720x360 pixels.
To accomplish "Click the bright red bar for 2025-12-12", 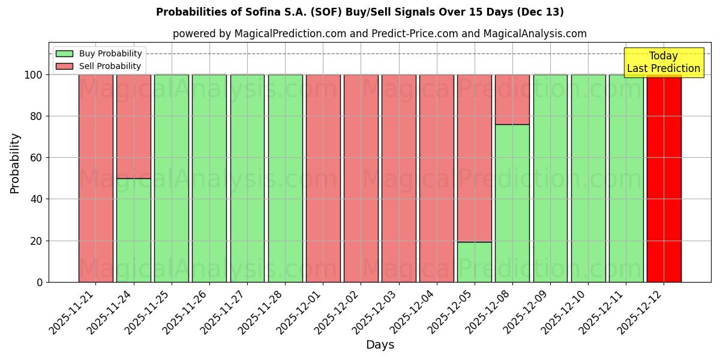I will pyautogui.click(x=664, y=178).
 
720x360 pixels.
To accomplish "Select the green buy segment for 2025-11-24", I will pyautogui.click(x=134, y=230).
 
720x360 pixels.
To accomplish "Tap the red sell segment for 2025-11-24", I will pyautogui.click(x=134, y=126).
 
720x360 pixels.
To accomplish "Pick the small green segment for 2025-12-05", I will pyautogui.click(x=475, y=262).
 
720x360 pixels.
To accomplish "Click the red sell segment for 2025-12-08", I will pyautogui.click(x=512, y=99).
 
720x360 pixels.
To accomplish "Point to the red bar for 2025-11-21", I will pyautogui.click(x=96, y=178).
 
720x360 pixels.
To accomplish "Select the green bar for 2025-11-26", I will pyautogui.click(x=209, y=178).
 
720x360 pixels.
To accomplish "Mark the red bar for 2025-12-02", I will pyautogui.click(x=361, y=178).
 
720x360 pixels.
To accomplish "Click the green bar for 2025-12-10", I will pyautogui.click(x=588, y=178).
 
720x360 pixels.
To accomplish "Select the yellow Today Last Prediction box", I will pyautogui.click(x=663, y=62).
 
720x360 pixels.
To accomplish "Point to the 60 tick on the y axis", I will pyautogui.click(x=37, y=158).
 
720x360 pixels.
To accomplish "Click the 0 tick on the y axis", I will pyautogui.click(x=40, y=282).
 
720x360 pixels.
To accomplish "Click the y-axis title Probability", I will pyautogui.click(x=15, y=163).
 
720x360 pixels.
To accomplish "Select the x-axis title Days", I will pyautogui.click(x=380, y=345).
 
